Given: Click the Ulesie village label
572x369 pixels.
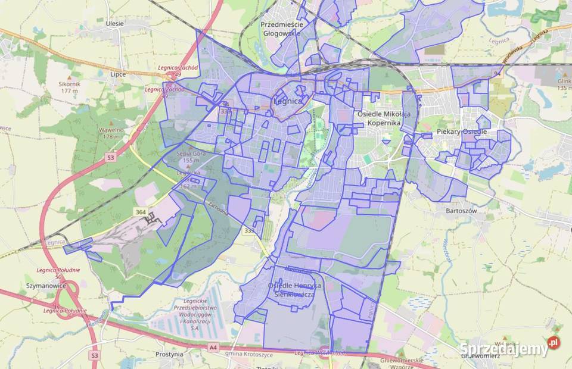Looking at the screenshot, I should click(x=114, y=23).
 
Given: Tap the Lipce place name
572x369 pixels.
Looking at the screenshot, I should click(x=118, y=74).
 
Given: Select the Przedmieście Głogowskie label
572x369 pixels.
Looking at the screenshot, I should click(x=282, y=29).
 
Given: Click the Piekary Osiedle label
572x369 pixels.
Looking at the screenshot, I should click(x=462, y=132).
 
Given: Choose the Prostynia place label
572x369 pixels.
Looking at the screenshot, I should click(x=169, y=354).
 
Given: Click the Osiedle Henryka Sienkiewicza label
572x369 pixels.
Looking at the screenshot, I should click(x=294, y=289).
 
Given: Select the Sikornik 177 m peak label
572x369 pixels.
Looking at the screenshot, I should click(x=69, y=87).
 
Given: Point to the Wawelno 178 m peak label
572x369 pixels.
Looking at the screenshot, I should click(x=111, y=133).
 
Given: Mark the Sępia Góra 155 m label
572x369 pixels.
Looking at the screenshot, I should click(x=189, y=157).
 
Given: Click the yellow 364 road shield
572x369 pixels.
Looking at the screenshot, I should click(x=141, y=212).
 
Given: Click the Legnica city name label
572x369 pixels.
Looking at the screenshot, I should click(x=288, y=101).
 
